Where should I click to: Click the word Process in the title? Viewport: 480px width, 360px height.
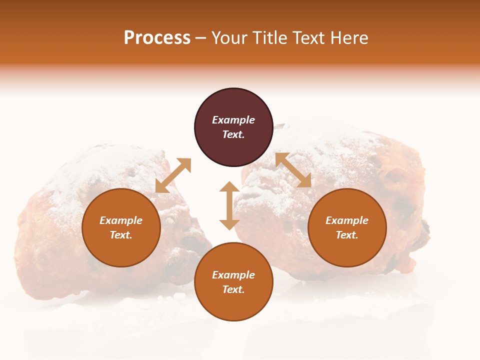tap(157, 38)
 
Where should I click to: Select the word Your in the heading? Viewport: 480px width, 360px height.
tap(228, 38)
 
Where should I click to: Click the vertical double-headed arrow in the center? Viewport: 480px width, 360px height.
tap(229, 205)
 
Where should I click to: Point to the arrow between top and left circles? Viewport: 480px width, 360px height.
tap(173, 175)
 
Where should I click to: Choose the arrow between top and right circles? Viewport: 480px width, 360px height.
tap(293, 170)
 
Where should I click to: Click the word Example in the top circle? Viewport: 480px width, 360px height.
tap(233, 120)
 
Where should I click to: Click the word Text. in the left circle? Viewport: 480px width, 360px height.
tap(121, 235)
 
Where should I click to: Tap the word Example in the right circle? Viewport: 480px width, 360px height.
tap(347, 220)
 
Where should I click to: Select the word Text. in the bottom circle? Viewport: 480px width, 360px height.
tap(233, 289)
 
